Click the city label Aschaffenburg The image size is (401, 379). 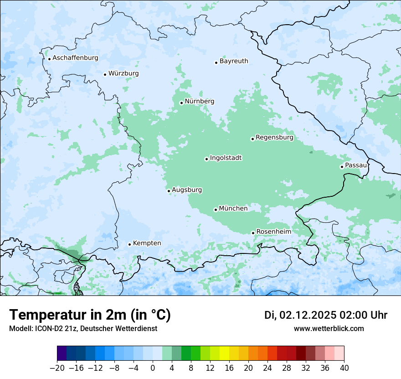(x=75, y=58)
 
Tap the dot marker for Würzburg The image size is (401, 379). (x=105, y=74)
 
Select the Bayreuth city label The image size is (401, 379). (x=234, y=61)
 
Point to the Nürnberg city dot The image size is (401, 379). (x=181, y=103)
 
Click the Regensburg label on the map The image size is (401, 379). (x=274, y=137)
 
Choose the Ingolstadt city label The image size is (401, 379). (x=226, y=158)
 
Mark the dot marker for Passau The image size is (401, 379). (x=342, y=167)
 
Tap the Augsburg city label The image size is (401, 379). (x=186, y=190)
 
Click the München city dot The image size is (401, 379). (x=216, y=210)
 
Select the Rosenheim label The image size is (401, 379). (x=273, y=232)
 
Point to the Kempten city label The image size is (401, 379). (x=147, y=243)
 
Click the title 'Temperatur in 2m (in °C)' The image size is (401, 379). (x=90, y=315)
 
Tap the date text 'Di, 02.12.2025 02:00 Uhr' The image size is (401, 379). (x=326, y=315)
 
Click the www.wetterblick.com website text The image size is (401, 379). (x=329, y=329)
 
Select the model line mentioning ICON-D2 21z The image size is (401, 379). (x=83, y=329)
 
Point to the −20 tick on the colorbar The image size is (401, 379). (x=57, y=368)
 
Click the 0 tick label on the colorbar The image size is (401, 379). (x=153, y=368)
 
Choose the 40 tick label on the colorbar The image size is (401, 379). (x=344, y=368)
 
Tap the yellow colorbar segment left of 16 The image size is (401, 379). (x=224, y=353)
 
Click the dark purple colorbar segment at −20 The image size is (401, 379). (x=62, y=353)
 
